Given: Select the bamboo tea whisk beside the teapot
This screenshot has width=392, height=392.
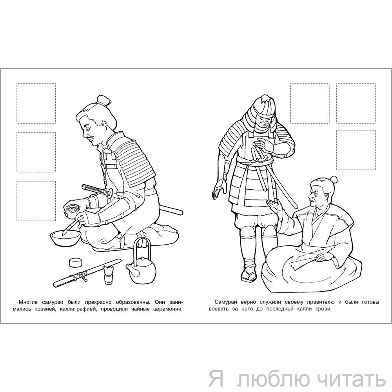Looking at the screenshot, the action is pyautogui.click(x=109, y=274).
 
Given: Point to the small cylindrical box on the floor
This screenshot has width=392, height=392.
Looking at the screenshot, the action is pyautogui.click(x=76, y=262).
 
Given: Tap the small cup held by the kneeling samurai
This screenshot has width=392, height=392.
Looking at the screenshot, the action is pyautogui.click(x=72, y=209).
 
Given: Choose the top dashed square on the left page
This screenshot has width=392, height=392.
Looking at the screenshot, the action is pyautogui.click(x=36, y=103).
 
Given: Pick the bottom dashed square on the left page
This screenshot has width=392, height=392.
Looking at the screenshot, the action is pyautogui.click(x=36, y=201).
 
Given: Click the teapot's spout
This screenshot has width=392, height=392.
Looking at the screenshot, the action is pyautogui.click(x=129, y=268).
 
